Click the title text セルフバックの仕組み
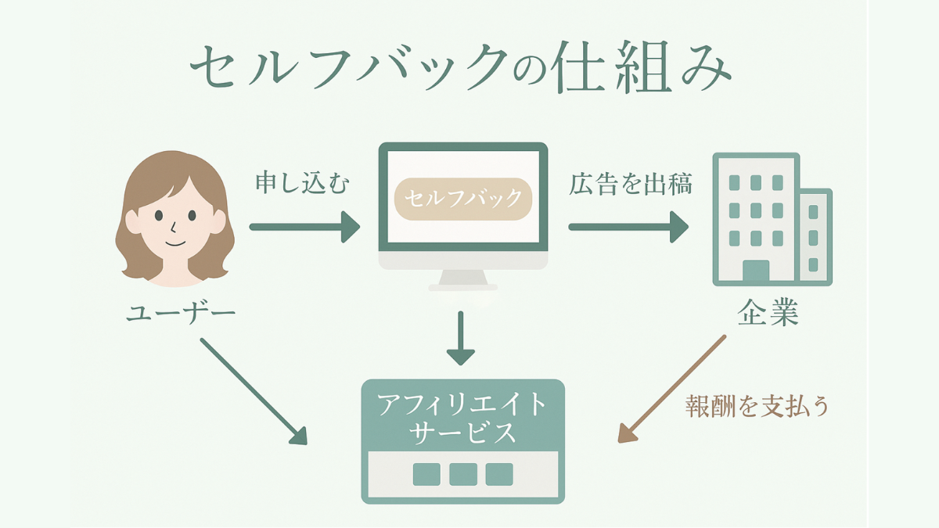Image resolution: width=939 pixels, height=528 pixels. coord(461,68)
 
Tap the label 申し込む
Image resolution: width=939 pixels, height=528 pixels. coord(303,183)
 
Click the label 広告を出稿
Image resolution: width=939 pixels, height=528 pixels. coord(631,184)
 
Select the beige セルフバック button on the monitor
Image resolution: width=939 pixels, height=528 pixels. coord(463,199)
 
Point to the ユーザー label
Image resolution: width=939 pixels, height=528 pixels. coord(181,313)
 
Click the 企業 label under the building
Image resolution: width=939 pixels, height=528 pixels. coord(768,312)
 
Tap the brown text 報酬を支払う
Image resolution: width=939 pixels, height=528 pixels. coord(757,406)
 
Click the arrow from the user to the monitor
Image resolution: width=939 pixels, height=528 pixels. coord(304,227)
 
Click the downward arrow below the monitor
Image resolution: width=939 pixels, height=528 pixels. coord(461,338)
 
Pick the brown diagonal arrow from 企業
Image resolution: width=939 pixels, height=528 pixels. coord(671,389)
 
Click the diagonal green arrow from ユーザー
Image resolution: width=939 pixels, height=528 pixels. coord(254,391)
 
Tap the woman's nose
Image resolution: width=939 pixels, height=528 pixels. coord(173,228)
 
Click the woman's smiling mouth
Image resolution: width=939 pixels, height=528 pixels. coord(175,243)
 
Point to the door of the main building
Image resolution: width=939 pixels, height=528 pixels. coord(756,271)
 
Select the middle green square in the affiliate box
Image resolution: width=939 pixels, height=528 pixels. coord(463,474)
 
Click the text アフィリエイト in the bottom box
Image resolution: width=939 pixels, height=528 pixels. coord(462,404)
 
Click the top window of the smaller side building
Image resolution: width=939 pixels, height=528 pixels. coord(813,212)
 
